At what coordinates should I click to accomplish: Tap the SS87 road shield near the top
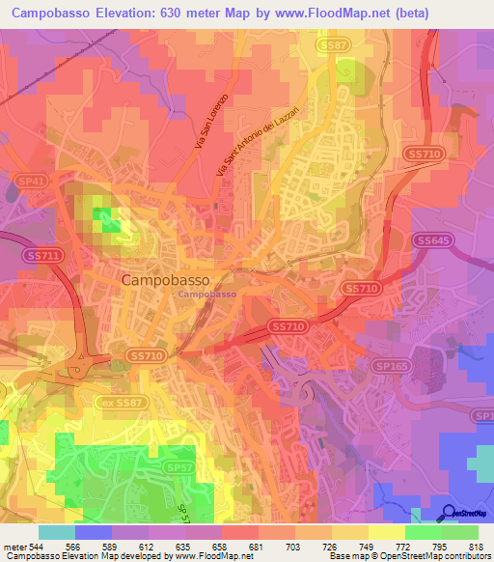pyautogui.click(x=335, y=44)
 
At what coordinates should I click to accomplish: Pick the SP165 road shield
pyautogui.click(x=391, y=368)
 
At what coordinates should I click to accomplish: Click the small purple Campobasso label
pyautogui.click(x=207, y=293)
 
